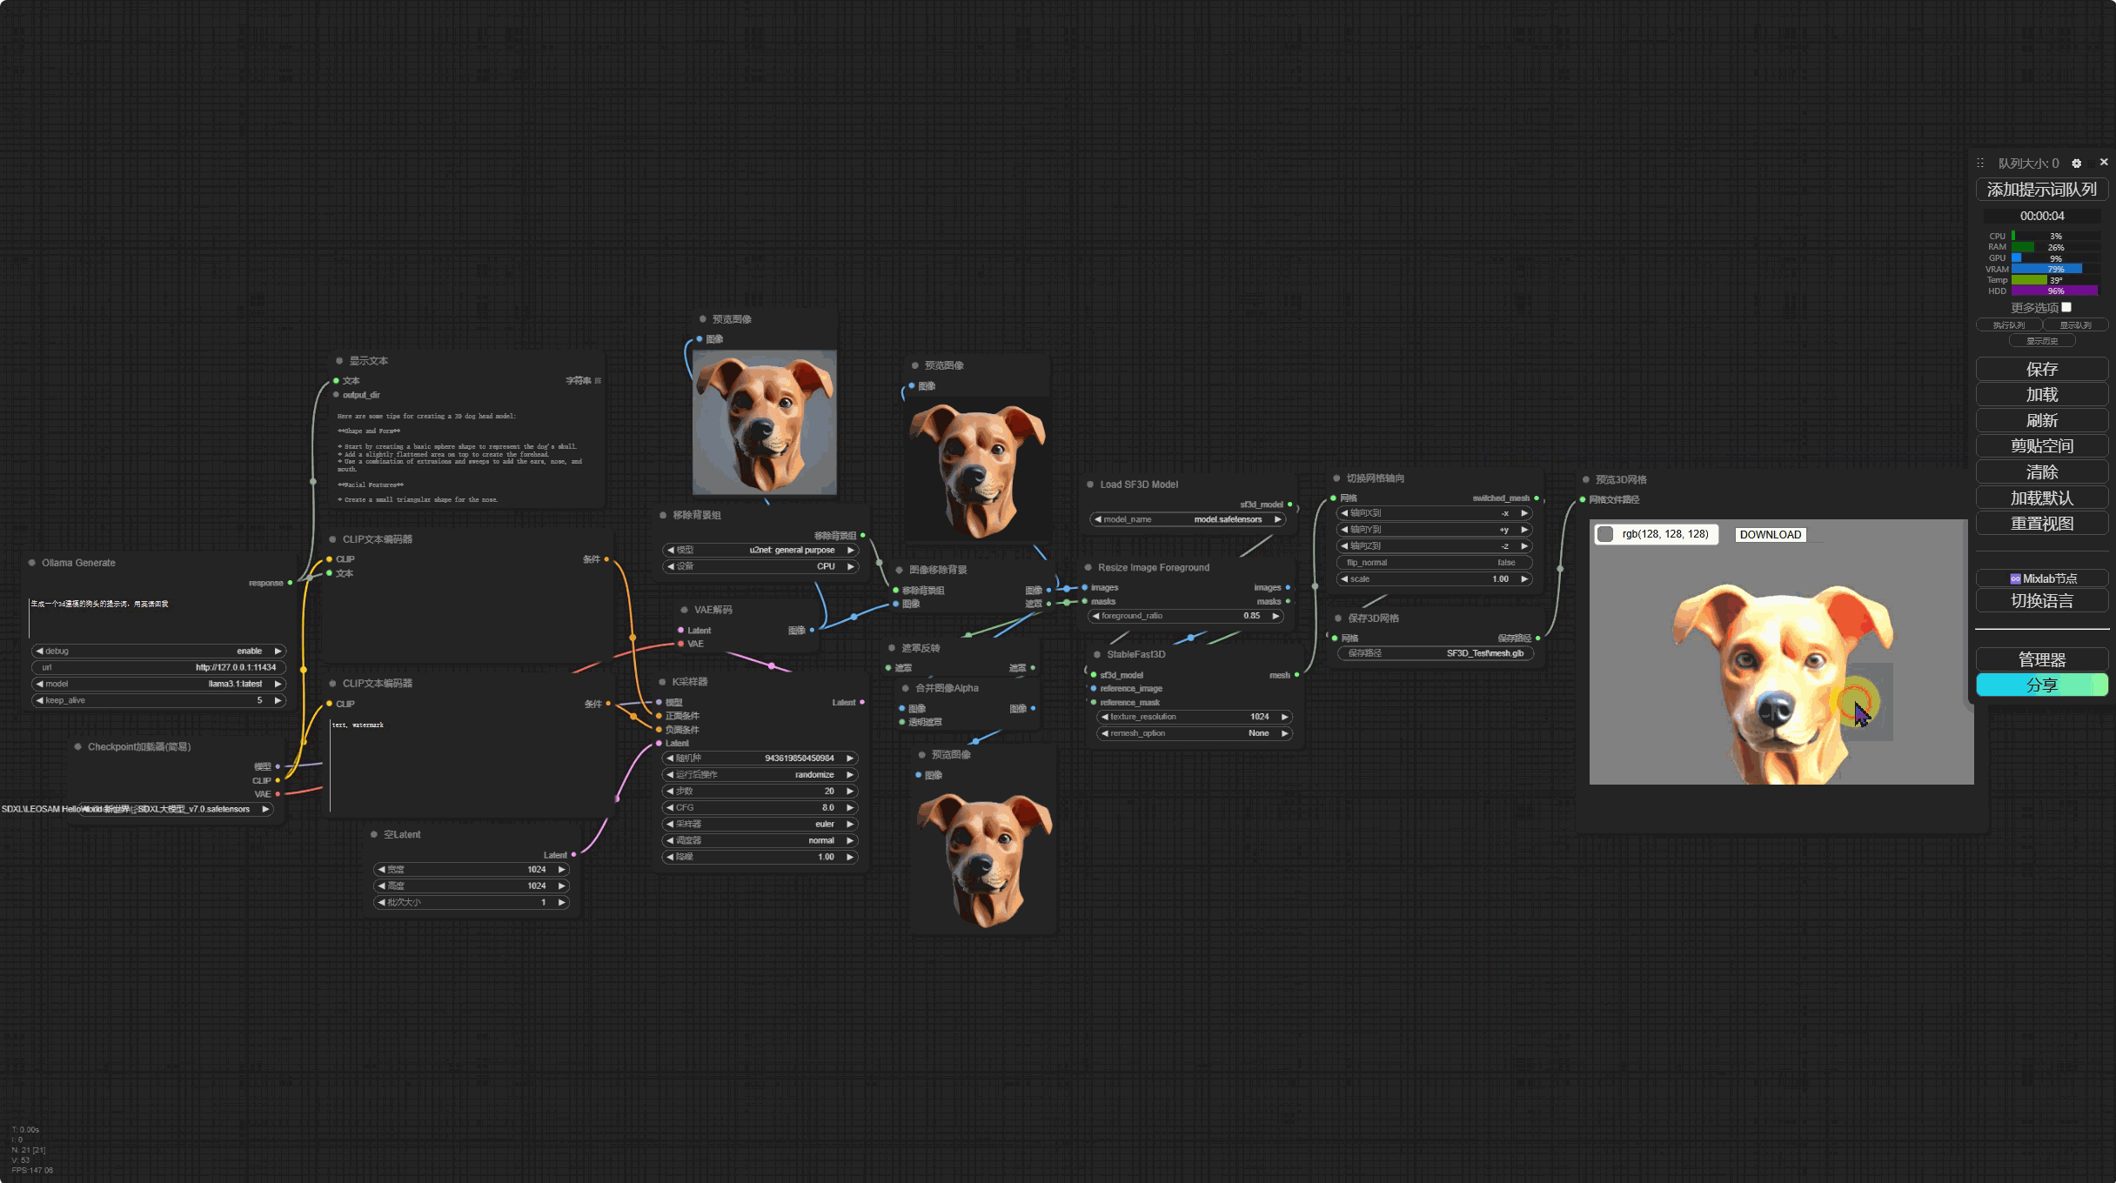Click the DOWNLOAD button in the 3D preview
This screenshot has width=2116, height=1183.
1770,535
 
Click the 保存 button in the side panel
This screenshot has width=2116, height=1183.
2041,370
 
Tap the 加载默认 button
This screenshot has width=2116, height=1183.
2041,498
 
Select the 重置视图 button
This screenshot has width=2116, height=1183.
2041,524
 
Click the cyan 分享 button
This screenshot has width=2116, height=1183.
2041,685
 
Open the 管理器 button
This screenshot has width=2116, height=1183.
2041,659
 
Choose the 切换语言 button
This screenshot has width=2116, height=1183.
2041,601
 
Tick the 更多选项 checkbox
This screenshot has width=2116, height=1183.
2066,307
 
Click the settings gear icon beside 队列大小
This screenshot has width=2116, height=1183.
2076,164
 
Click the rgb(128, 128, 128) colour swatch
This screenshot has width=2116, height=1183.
1605,534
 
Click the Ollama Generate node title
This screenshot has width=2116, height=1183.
78,563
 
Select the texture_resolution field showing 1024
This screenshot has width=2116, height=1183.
1193,717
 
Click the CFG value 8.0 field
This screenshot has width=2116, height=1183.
759,807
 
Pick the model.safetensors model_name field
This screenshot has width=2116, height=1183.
1188,519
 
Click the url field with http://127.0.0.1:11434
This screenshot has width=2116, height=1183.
158,667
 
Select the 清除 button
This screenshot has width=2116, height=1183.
2041,472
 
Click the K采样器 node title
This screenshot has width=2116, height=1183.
689,682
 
